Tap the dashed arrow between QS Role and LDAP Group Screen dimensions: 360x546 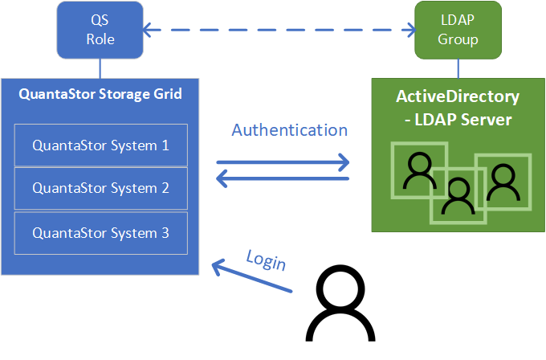279,31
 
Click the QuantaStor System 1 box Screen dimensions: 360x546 100,145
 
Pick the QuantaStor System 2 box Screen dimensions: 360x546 100,189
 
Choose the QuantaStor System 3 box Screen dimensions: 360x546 100,233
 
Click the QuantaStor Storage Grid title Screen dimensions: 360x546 100,94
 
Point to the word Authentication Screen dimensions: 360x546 289,130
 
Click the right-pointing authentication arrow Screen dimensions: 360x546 283,162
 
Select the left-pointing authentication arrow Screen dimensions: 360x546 283,178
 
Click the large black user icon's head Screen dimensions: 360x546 345,292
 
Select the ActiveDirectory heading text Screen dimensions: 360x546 458,97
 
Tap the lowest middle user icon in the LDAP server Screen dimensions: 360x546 458,195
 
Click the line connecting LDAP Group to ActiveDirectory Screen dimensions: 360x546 458,67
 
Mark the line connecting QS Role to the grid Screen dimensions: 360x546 100,67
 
